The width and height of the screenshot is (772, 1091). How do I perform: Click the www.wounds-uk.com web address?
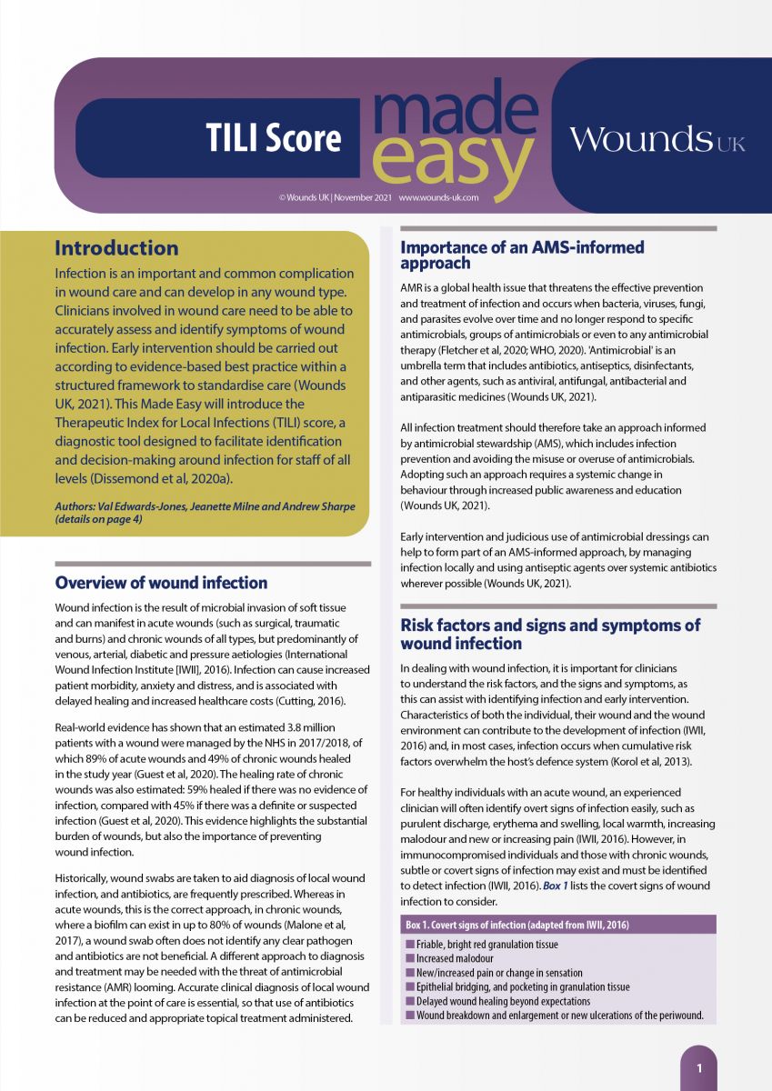click(x=438, y=197)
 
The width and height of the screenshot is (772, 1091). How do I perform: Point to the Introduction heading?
click(x=116, y=248)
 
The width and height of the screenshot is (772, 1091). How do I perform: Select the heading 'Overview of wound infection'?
click(x=161, y=583)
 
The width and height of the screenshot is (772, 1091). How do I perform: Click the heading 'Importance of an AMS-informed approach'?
click(x=522, y=255)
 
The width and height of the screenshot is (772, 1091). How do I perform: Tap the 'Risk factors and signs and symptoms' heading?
click(x=550, y=635)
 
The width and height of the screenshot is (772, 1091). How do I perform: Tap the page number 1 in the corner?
click(x=698, y=1068)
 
